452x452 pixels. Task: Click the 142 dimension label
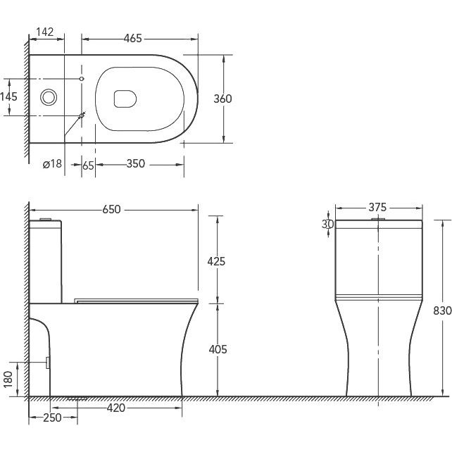(x=45, y=32)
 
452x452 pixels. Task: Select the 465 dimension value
(x=133, y=38)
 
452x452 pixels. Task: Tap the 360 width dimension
(x=222, y=99)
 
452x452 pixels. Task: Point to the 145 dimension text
(x=8, y=96)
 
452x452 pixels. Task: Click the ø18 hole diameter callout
(x=52, y=164)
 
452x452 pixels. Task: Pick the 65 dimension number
(x=88, y=165)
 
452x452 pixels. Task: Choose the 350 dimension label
(x=135, y=164)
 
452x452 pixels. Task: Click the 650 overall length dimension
(x=111, y=210)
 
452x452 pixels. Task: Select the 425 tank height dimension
(x=216, y=261)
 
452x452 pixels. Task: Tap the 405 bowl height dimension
(x=218, y=349)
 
